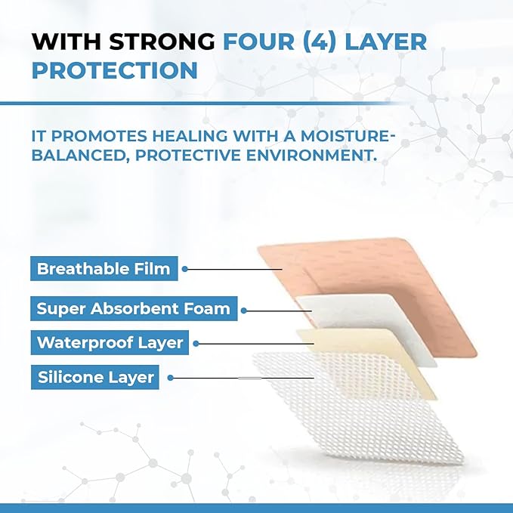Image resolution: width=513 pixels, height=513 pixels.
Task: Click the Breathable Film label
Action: coord(104,268)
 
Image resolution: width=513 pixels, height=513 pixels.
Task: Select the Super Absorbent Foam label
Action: coord(133,308)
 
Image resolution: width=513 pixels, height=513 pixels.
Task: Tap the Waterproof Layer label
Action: coord(110,342)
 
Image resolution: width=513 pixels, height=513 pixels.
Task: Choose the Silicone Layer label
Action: coord(95,377)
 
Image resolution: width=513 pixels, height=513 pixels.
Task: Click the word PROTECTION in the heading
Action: coord(116,70)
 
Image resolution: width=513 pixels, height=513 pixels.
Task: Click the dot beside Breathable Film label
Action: coord(185,268)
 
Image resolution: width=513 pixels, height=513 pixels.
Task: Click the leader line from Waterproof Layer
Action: coord(249,343)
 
